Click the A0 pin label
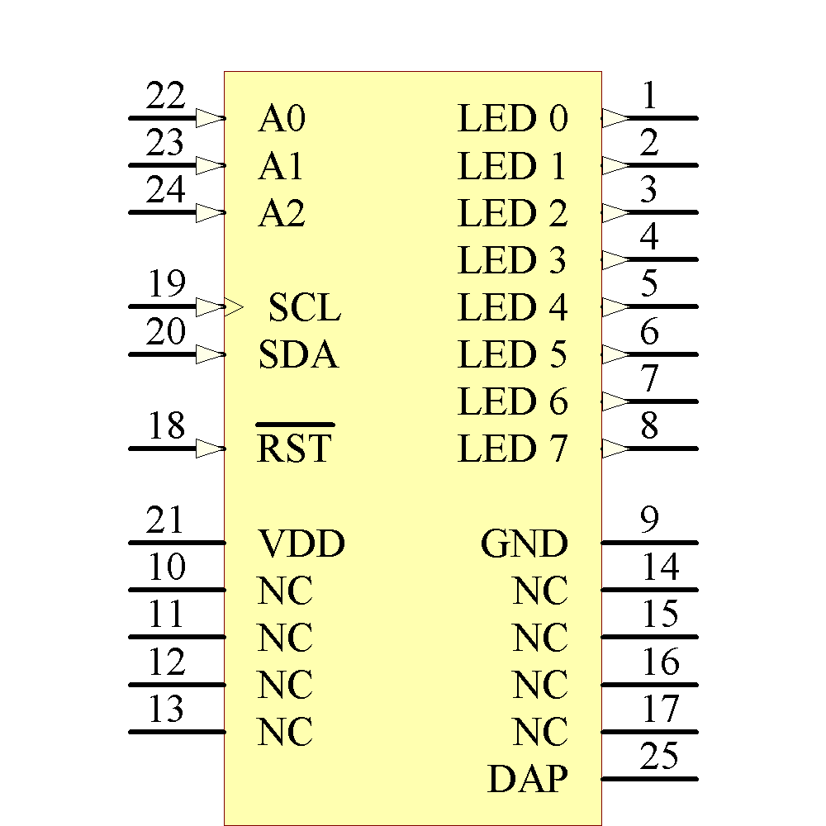282,119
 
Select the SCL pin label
304,309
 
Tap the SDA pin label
298,356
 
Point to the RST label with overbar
294,449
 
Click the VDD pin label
301,544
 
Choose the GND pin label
525,544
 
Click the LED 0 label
513,119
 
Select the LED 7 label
513,449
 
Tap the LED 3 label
513,261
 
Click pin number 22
165,97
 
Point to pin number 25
659,757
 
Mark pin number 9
649,520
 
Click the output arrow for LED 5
615,354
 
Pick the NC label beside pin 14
540,591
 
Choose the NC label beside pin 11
285,638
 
